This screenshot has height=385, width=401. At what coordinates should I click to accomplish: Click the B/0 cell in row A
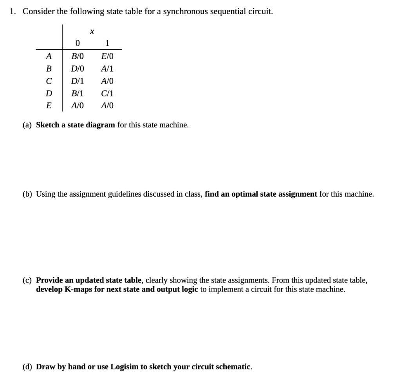pyautogui.click(x=78, y=56)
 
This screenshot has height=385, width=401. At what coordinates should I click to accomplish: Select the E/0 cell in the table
pyautogui.click(x=107, y=56)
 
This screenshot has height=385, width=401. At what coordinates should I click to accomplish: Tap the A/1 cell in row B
pyautogui.click(x=107, y=69)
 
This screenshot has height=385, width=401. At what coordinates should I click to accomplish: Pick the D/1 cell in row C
pyautogui.click(x=78, y=81)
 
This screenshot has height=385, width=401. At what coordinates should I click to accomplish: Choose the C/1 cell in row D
pyautogui.click(x=107, y=94)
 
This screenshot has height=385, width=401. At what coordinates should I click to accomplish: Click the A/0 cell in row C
pyautogui.click(x=107, y=81)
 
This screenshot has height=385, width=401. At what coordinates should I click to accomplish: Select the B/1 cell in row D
pyautogui.click(x=78, y=94)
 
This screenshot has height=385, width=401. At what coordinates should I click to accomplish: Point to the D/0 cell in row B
pyautogui.click(x=78, y=69)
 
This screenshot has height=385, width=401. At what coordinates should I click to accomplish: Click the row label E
pyautogui.click(x=49, y=106)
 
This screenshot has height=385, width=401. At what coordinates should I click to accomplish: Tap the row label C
pyautogui.click(x=49, y=81)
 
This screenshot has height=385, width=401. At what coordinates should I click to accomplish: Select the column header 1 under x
pyautogui.click(x=107, y=43)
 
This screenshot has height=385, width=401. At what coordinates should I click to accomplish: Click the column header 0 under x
pyautogui.click(x=78, y=43)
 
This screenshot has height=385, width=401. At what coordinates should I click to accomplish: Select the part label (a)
pyautogui.click(x=27, y=125)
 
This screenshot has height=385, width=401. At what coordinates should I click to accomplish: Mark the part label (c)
pyautogui.click(x=27, y=280)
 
